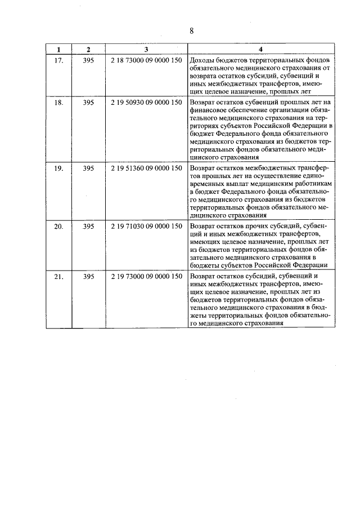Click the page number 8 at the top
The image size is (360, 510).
coord(192,31)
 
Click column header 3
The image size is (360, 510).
coord(146,49)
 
